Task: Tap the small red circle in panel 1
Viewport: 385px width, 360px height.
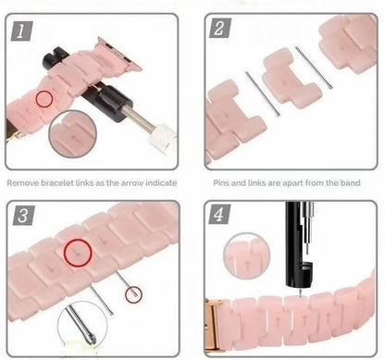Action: [43, 98]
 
